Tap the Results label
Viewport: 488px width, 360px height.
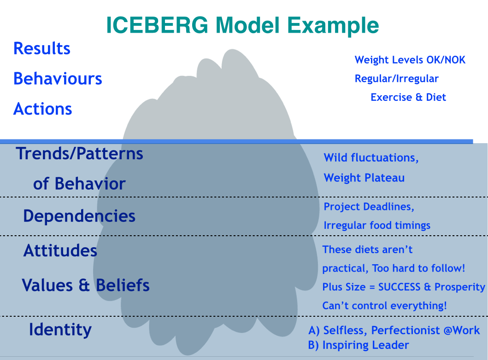[x=42, y=48]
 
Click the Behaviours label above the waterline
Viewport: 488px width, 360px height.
[x=58, y=79]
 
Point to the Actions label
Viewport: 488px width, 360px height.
[x=43, y=109]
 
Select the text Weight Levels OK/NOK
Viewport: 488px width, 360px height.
[x=410, y=60]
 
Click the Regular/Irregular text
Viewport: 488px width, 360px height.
[x=396, y=79]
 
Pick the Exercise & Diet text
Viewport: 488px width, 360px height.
[x=408, y=97]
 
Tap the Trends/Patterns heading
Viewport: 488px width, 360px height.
[x=79, y=153]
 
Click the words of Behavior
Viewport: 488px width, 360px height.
[x=79, y=184]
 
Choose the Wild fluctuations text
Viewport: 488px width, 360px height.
[x=371, y=158]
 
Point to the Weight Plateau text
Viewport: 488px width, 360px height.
[x=364, y=178]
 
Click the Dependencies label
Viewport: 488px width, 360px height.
[x=79, y=216]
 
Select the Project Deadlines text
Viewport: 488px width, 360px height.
[x=369, y=207]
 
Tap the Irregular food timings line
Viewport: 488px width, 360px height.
[x=377, y=225]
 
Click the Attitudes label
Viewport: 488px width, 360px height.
[x=60, y=251]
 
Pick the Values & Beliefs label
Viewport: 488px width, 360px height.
[x=86, y=285]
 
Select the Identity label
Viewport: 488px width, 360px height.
[x=60, y=330]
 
